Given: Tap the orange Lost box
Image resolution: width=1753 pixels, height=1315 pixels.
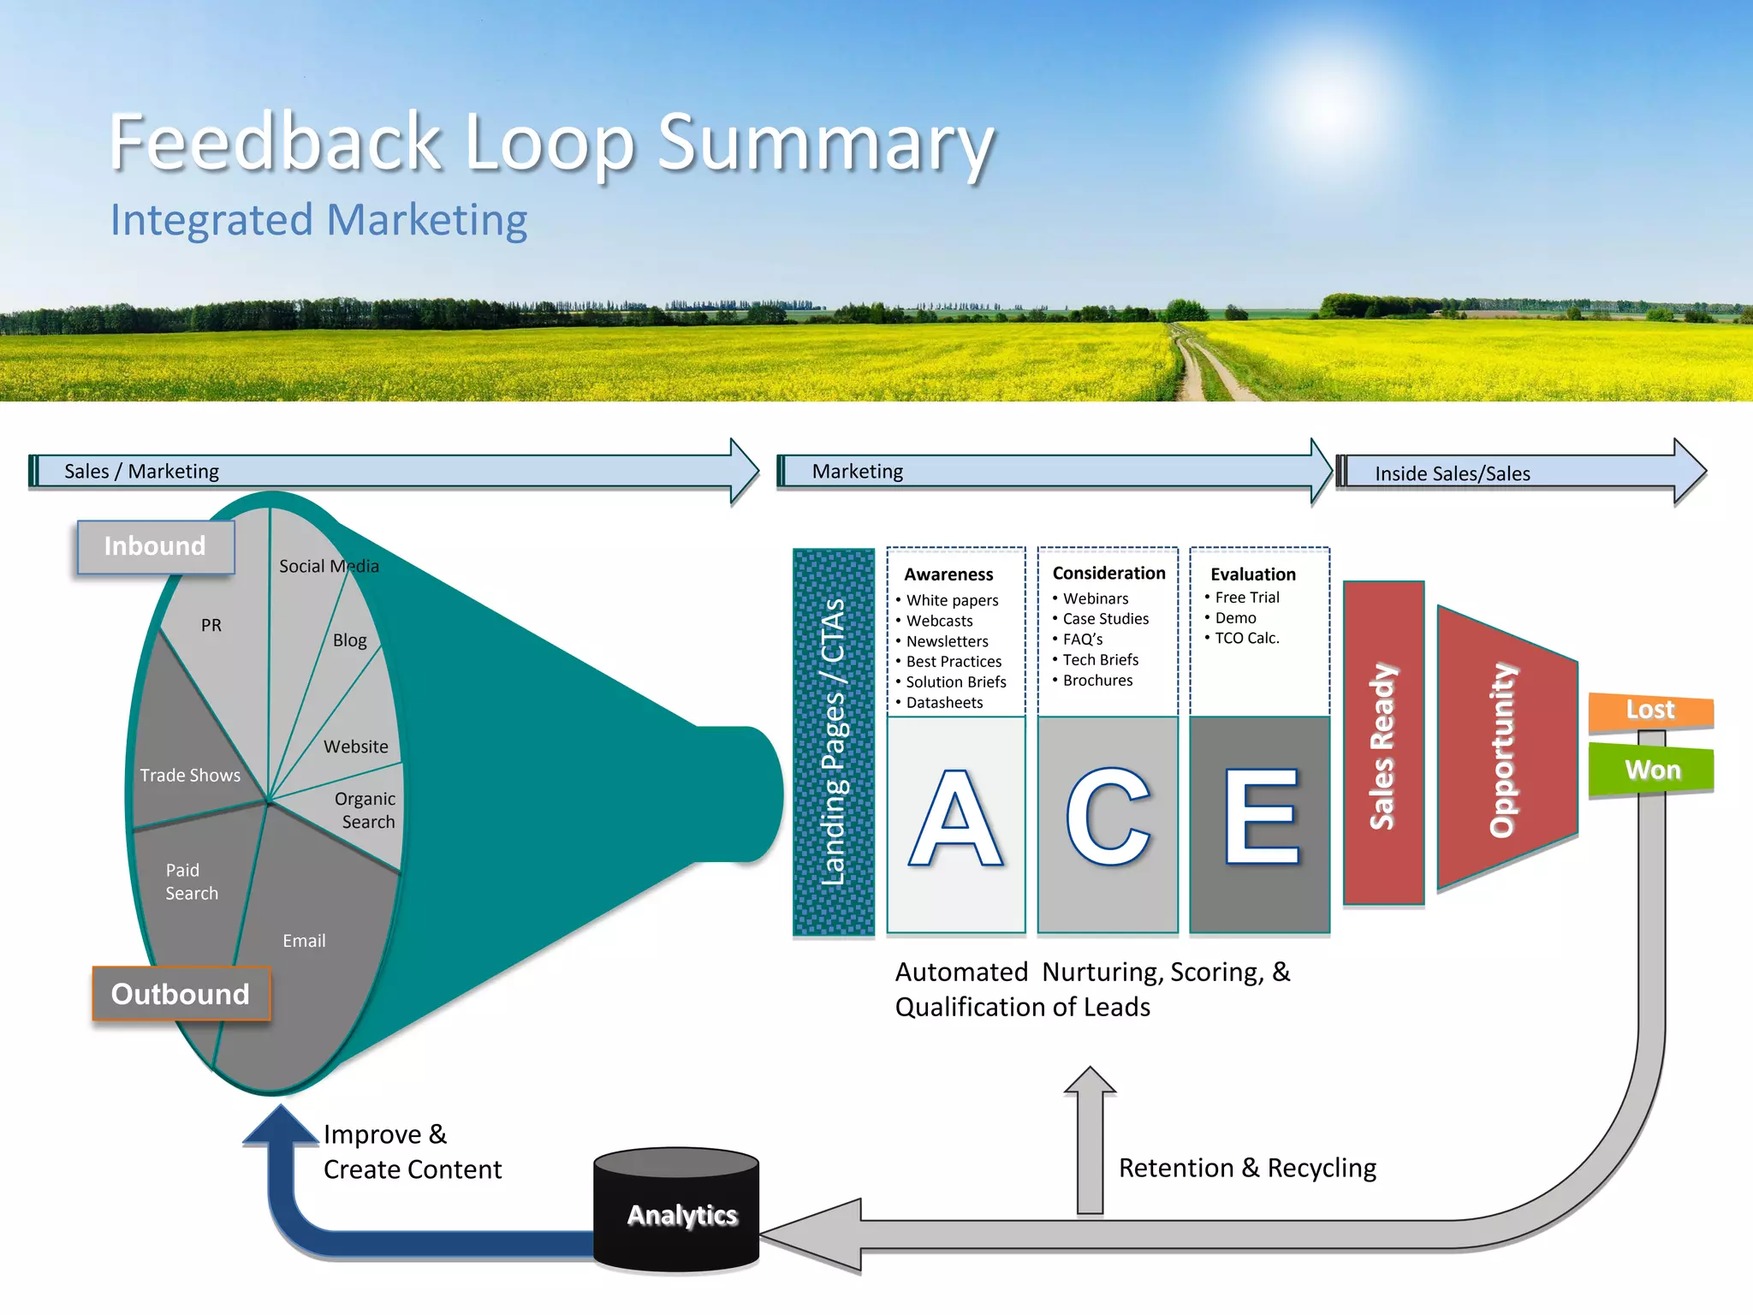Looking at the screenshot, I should coord(1650,711).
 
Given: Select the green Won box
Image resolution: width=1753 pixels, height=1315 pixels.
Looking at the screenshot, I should coord(1651,770).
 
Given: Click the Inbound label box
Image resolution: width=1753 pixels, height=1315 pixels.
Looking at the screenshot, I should coord(156,546).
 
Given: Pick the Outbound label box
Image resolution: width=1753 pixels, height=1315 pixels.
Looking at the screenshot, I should coord(181,994).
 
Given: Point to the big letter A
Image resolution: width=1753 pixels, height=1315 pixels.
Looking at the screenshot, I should coord(955,820).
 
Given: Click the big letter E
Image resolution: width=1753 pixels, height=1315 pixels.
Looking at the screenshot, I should coord(1261,818).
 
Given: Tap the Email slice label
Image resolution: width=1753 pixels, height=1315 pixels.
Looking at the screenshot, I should coord(304,941).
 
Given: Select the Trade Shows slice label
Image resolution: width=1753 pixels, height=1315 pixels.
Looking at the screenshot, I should coord(190,776).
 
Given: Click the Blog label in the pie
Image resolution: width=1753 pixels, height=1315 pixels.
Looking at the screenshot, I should coord(349,640).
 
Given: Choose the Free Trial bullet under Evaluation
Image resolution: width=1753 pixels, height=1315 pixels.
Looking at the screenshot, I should coord(1246,598).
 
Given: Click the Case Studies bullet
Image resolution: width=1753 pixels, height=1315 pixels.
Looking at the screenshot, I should coord(1105,619).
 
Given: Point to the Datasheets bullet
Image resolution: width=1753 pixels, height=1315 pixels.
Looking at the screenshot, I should coord(944,703).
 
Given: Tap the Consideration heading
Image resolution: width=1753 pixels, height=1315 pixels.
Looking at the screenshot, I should coord(1108,574).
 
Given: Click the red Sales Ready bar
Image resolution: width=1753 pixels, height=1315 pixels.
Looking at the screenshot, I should coord(1383,743).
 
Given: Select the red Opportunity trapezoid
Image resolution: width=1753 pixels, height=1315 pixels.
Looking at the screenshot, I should coord(1504,749).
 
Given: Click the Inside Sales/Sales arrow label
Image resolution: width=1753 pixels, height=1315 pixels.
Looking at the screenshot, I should coord(1452,473).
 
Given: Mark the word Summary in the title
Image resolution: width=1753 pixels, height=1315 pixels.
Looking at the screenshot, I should coord(825,143).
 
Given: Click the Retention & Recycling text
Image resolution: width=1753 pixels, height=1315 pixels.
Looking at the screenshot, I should coord(1247,1168).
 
